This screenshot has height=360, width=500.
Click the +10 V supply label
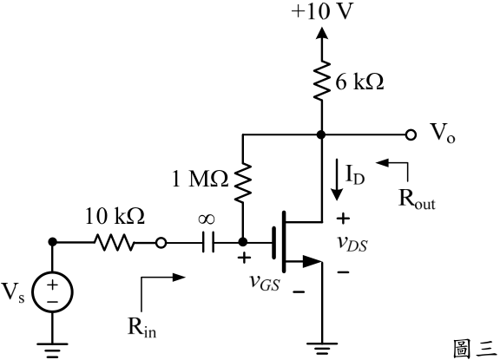point(322,12)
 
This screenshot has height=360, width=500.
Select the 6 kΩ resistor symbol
point(322,82)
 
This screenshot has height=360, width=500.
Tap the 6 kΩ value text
point(359,82)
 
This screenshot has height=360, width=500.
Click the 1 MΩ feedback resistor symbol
point(243,181)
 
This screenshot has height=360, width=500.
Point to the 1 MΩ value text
point(200,179)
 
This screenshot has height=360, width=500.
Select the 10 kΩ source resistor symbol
point(115,242)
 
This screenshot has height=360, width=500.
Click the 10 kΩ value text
point(115,216)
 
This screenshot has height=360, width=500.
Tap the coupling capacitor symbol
point(208,242)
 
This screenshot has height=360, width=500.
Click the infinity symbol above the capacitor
point(207,219)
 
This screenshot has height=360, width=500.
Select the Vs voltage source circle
point(53,292)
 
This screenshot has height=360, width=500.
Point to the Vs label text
point(13,292)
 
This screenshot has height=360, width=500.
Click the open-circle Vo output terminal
point(411,134)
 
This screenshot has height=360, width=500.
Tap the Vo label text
point(443,133)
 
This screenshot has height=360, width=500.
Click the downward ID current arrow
point(337,180)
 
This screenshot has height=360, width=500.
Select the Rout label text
point(417,200)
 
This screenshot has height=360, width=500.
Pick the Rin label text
point(141,327)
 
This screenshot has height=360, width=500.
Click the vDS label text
point(352,244)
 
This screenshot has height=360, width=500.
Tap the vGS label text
point(265,282)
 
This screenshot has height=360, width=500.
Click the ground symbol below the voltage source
point(53,350)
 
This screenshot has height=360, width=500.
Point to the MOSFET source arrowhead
point(312,262)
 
